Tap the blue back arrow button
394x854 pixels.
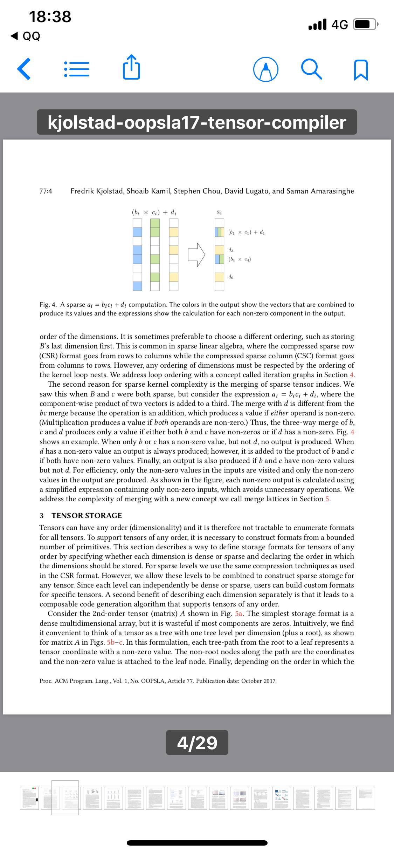[x=24, y=69]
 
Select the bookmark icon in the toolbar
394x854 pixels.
[x=361, y=69]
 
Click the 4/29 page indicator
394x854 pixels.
[x=197, y=743]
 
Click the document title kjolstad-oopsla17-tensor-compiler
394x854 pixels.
[x=197, y=122]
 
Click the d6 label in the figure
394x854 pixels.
[x=231, y=277]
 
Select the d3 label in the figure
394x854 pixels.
[x=231, y=250]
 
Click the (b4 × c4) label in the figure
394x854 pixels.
[x=239, y=259]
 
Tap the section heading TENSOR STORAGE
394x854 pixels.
[x=87, y=515]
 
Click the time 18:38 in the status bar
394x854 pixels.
[x=50, y=17]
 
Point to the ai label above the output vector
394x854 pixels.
[x=219, y=212]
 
